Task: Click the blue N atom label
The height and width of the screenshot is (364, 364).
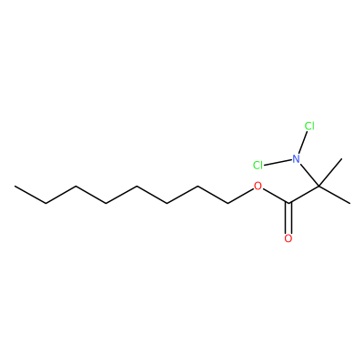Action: (296, 158)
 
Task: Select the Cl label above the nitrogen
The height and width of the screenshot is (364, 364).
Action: (309, 126)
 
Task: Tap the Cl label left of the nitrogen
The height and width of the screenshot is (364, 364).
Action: (258, 166)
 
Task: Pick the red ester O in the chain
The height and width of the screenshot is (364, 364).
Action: (258, 186)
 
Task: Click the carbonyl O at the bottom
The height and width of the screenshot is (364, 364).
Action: (288, 238)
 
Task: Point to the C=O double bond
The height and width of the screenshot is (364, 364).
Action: (288, 217)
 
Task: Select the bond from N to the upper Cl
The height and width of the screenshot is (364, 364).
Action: (303, 143)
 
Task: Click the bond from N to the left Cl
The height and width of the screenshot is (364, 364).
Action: (278, 162)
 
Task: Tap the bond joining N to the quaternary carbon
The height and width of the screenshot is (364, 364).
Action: (309, 175)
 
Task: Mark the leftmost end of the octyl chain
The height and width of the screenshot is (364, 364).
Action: (15, 186)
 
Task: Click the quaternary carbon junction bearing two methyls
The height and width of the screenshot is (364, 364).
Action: (319, 186)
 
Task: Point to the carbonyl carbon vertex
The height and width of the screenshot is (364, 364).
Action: (288, 203)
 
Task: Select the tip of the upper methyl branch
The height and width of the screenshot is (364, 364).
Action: (342, 158)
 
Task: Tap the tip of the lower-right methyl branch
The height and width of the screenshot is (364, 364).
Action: (349, 203)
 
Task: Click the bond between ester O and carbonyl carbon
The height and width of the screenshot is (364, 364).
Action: (276, 196)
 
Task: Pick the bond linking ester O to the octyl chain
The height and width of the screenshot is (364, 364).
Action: (240, 196)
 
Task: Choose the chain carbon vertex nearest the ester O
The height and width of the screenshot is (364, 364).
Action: (227, 203)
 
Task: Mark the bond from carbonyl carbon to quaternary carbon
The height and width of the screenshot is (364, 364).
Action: (304, 195)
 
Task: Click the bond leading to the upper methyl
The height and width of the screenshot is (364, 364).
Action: (330, 172)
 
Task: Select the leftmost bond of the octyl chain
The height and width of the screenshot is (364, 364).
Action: (30, 195)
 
